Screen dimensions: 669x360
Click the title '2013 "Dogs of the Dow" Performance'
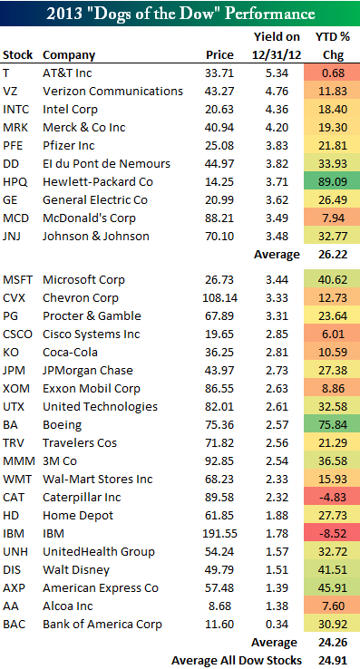tap(180, 15)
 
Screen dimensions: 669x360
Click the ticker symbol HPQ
tap(16, 181)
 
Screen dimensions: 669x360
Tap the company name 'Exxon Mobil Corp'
tap(88, 388)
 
